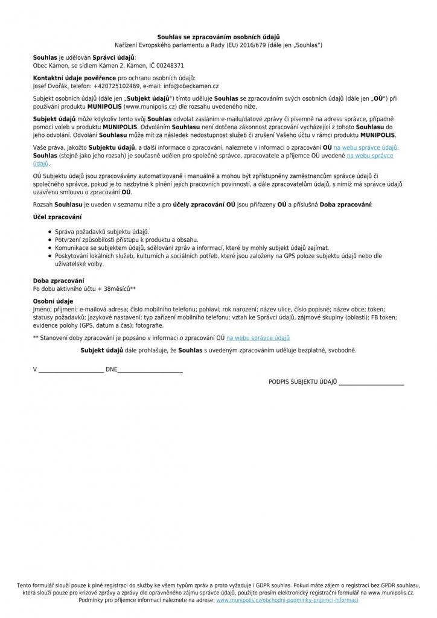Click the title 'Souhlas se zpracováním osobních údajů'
point(218,37)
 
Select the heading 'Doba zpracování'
point(59,281)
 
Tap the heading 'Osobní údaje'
point(53,301)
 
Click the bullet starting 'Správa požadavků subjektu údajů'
point(101,232)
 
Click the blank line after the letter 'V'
point(71,369)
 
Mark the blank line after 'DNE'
point(150,369)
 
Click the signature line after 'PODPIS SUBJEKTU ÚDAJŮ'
point(371,383)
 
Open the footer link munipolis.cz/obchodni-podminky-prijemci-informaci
point(287,600)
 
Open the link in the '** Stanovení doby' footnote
point(258,338)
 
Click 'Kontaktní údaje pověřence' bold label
point(74,78)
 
